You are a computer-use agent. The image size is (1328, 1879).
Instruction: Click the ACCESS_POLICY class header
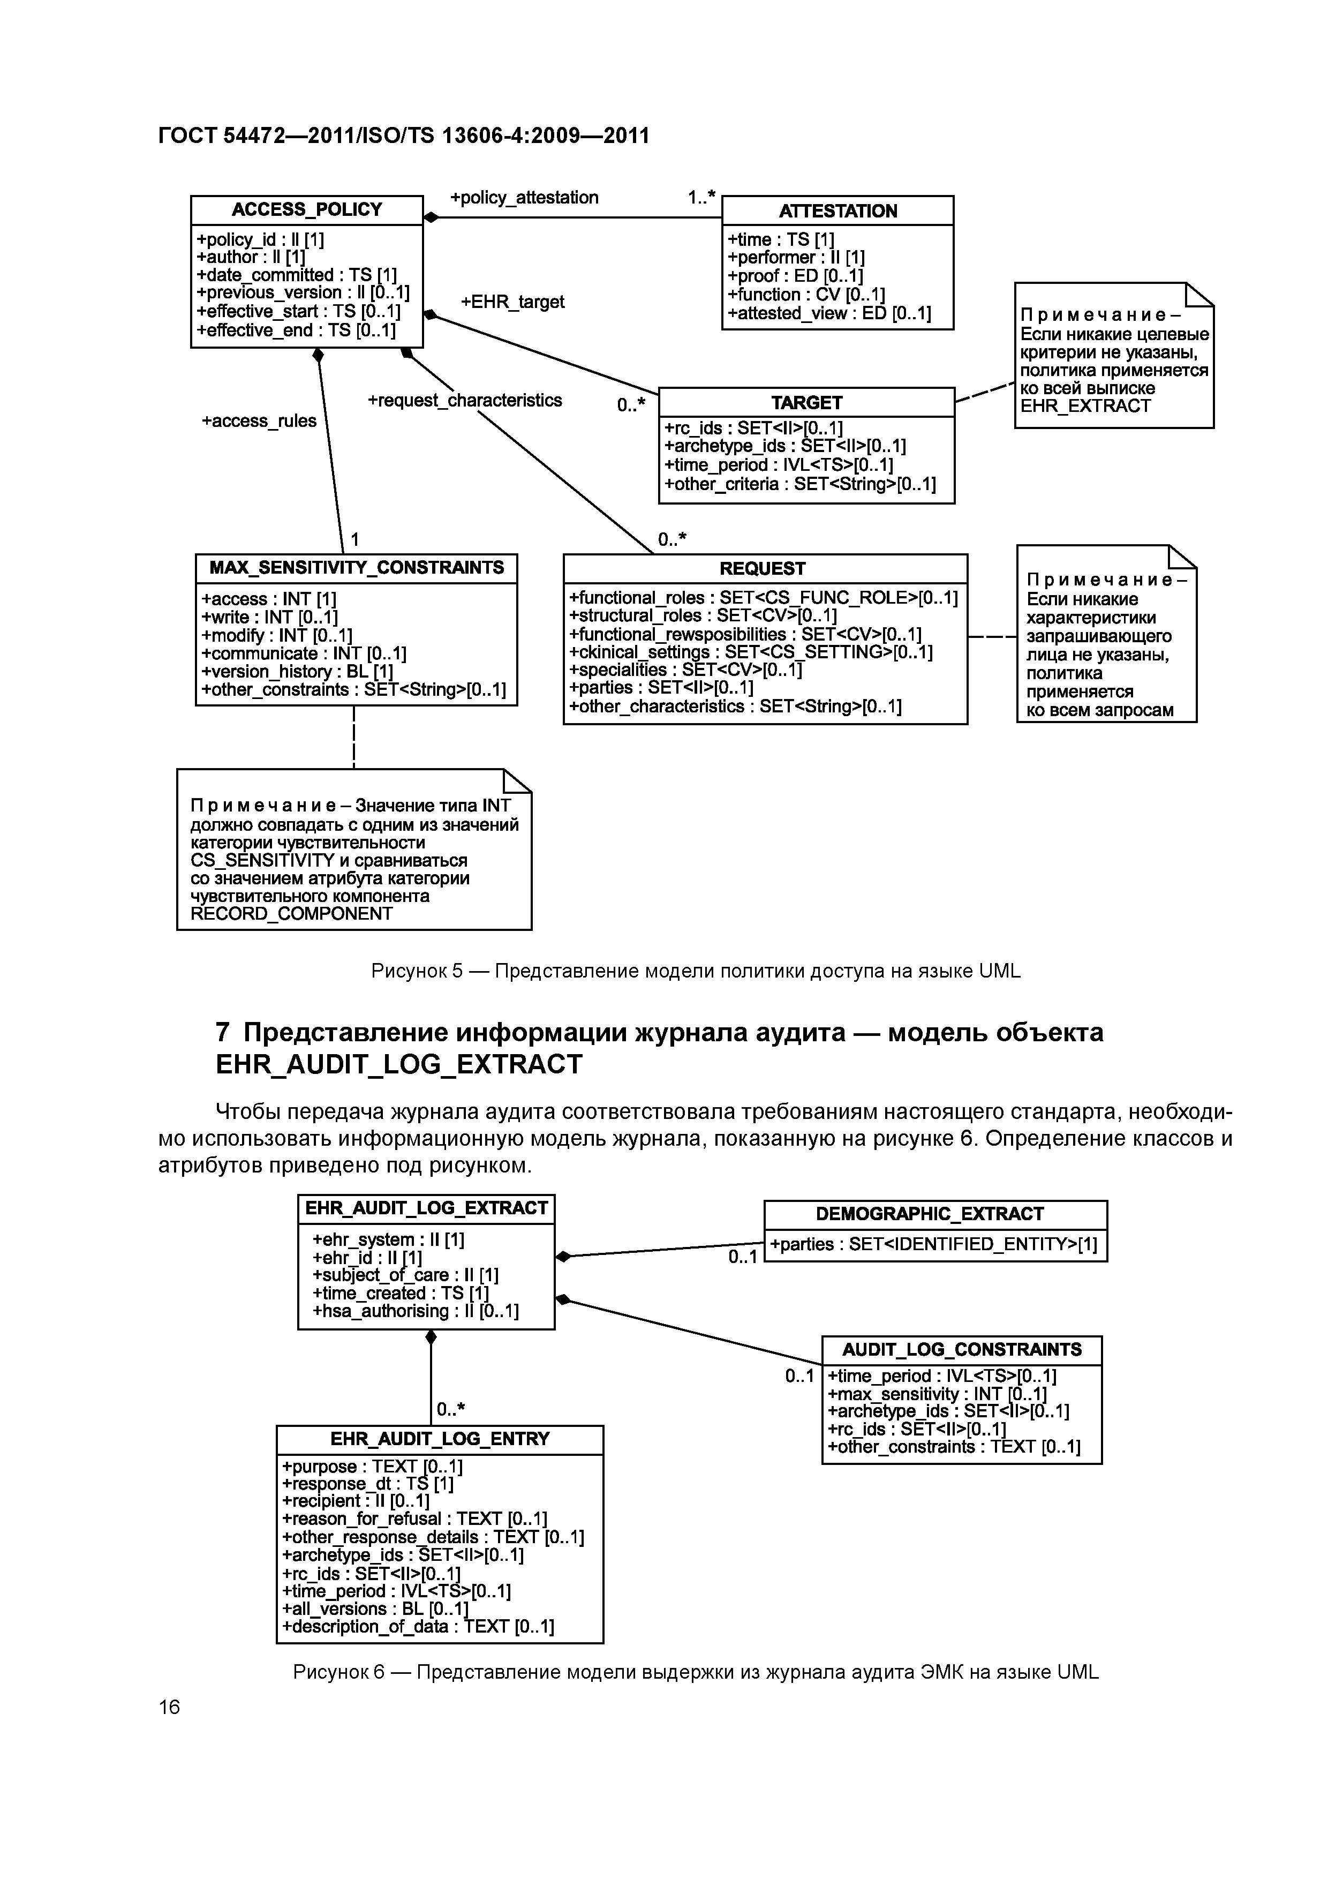[x=307, y=209]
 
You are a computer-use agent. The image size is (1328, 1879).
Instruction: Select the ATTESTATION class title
[x=838, y=211]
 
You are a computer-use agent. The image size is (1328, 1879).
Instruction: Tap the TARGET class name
[x=806, y=403]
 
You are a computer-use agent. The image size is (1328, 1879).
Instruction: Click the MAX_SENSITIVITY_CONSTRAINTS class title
[x=357, y=568]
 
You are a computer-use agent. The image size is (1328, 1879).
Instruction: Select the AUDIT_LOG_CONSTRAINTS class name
[x=961, y=1349]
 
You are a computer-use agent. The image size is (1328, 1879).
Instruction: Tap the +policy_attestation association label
[x=524, y=197]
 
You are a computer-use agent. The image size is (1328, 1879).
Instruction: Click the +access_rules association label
[x=259, y=420]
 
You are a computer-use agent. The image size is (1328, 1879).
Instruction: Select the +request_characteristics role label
[x=465, y=400]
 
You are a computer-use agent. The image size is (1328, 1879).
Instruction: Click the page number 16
[x=169, y=1707]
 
